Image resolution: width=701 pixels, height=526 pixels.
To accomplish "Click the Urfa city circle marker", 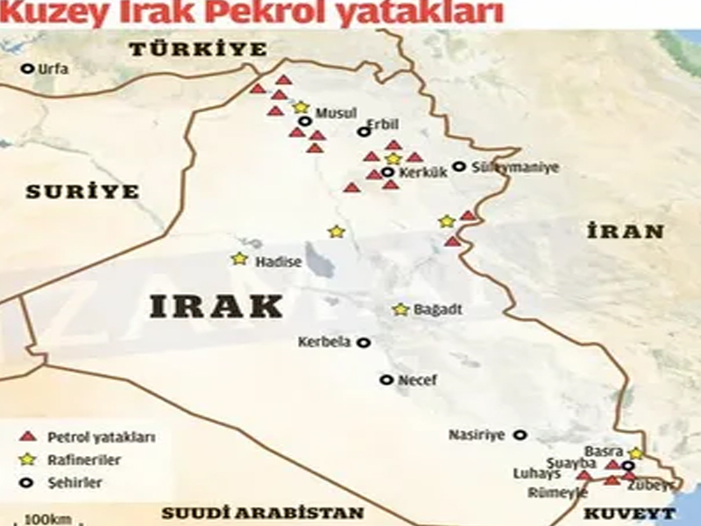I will point(27,68).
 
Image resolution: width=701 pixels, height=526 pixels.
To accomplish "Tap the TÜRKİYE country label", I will point(198,50).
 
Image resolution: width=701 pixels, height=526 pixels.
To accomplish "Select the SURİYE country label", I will point(82,191).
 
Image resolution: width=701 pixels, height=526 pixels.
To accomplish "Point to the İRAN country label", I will point(626,231).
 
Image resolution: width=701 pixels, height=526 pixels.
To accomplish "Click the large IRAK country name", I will point(216,306).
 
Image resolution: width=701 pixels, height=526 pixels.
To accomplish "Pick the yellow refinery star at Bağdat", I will point(400,309).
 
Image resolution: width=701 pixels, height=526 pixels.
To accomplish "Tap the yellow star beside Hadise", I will point(239,259).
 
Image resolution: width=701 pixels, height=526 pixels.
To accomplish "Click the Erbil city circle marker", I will point(364,131).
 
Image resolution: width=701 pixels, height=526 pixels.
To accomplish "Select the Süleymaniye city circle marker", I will point(458,166).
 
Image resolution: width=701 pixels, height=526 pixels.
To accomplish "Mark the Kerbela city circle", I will point(363,343).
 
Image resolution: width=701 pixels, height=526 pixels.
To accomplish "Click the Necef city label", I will point(417,380).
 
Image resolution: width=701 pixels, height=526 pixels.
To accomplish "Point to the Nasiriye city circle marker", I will point(520,434).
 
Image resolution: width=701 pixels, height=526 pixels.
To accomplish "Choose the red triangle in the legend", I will point(28,436).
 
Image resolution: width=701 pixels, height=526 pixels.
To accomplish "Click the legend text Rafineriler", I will point(84,459).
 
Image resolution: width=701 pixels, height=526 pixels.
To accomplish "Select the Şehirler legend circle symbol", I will point(28,482).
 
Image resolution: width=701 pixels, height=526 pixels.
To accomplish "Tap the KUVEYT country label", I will point(629,514).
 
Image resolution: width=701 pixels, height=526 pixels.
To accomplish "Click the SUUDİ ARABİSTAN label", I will point(262,513).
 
